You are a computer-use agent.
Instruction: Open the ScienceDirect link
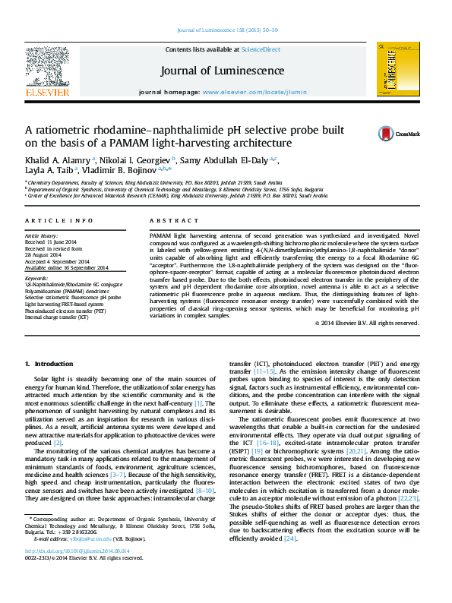click(x=261, y=49)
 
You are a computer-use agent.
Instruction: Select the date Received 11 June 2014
click(x=55, y=242)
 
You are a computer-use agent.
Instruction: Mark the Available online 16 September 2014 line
click(x=67, y=267)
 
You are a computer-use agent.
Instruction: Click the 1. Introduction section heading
click(x=49, y=365)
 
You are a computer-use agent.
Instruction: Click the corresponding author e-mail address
click(x=75, y=558)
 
